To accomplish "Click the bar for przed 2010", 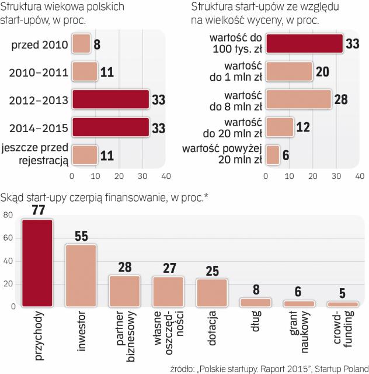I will pyautogui.click(x=81, y=44).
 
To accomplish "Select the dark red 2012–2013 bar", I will pyautogui.click(x=110, y=99).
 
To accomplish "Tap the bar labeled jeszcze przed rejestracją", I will pyautogui.click(x=84, y=155).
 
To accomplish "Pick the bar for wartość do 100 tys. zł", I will pyautogui.click(x=304, y=44).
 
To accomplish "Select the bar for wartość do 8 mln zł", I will pyautogui.click(x=298, y=99).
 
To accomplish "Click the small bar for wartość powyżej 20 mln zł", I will pyautogui.click(x=273, y=155).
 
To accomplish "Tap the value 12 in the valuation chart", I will pyautogui.click(x=303, y=127).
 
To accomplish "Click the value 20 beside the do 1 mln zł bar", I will pyautogui.click(x=322, y=72).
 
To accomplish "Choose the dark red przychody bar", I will pyautogui.click(x=37, y=262).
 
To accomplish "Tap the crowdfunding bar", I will pyautogui.click(x=342, y=304).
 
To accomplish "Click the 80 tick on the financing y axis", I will pyautogui.click(x=8, y=214).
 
